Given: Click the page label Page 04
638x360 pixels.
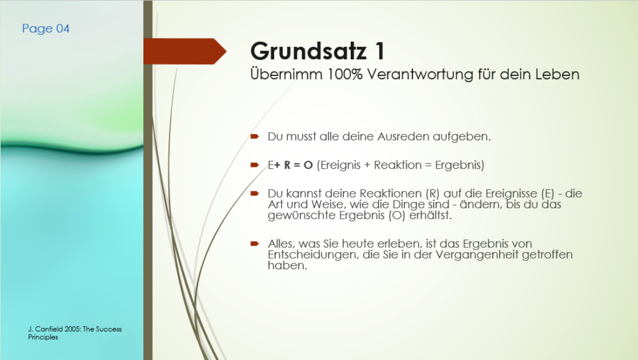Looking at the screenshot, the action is (x=45, y=29).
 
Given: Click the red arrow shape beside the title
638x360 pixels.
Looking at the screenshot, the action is (x=184, y=51).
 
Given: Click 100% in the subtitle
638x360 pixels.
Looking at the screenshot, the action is (x=345, y=75).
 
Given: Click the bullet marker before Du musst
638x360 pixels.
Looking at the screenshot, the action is (x=255, y=136).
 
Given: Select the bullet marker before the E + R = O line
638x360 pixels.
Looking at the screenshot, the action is (x=255, y=165).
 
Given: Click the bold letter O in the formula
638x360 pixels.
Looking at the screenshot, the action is (x=308, y=165).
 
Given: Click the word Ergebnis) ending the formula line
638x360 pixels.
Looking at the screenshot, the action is (x=459, y=166).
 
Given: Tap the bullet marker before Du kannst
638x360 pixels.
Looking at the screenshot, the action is (x=255, y=193).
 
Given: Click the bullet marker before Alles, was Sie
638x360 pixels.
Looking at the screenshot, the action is (x=255, y=244).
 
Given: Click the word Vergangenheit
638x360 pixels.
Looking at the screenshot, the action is (x=477, y=255).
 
